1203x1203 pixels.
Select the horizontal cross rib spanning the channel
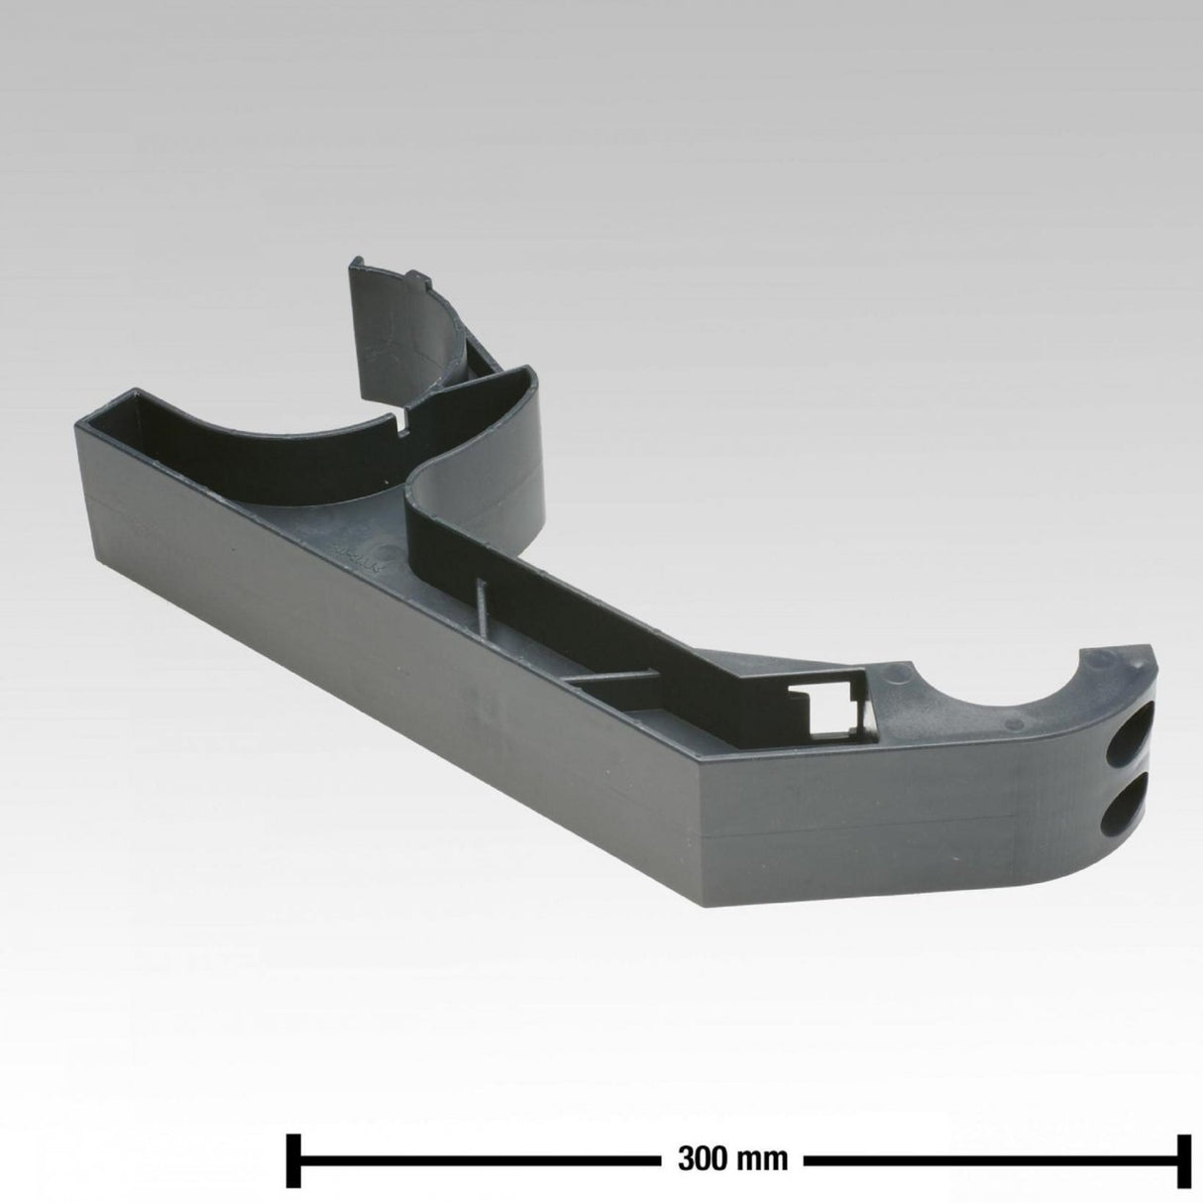click(x=610, y=678)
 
